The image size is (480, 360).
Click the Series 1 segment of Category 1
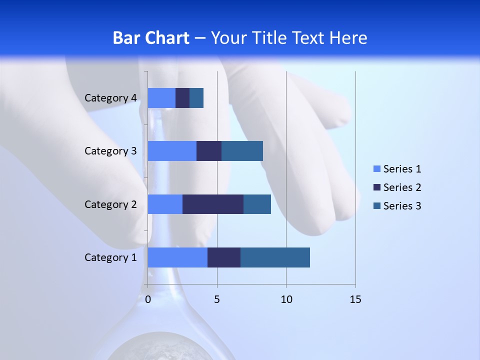177,257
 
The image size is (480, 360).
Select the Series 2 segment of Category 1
224,257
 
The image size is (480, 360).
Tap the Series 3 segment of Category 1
275,257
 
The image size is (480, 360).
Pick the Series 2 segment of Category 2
213,204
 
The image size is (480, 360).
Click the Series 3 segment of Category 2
257,204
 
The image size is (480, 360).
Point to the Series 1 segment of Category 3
172,151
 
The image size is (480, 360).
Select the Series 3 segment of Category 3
242,151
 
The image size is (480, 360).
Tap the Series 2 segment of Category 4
182,98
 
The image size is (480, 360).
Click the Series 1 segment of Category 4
161,98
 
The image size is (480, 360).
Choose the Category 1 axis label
110,257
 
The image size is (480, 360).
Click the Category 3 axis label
110,151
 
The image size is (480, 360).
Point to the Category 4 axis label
110,98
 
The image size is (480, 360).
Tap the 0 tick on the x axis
148,299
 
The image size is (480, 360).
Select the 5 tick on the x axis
217,299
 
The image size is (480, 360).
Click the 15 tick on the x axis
355,299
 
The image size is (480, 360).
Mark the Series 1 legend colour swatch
376,169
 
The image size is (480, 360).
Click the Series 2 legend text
402,187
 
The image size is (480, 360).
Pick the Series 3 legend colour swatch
376,206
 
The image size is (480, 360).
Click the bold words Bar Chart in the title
151,38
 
